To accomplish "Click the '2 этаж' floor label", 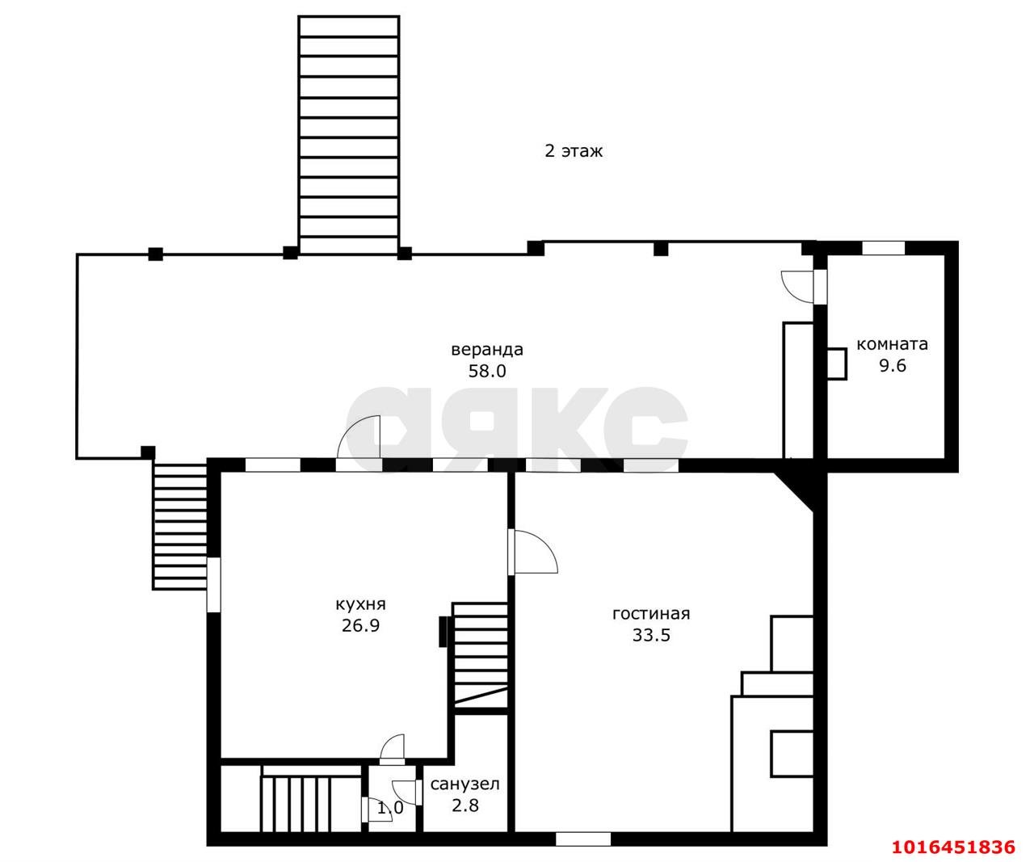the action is point(573,150).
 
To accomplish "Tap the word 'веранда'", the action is point(486,350).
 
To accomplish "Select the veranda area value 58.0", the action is point(487,371).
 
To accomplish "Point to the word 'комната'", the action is point(891,344).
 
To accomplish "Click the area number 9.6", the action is point(892,366).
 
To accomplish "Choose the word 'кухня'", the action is point(360,604).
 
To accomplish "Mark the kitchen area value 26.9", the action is point(360,625).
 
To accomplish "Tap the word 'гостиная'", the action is point(651,614).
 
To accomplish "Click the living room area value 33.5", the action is point(651,635).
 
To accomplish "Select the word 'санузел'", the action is point(464,784).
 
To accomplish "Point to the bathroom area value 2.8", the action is point(464,805).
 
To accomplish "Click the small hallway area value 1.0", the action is point(390,808).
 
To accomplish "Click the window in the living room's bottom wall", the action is point(583,839).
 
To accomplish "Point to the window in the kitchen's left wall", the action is point(213,585).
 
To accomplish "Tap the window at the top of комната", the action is point(883,248).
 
